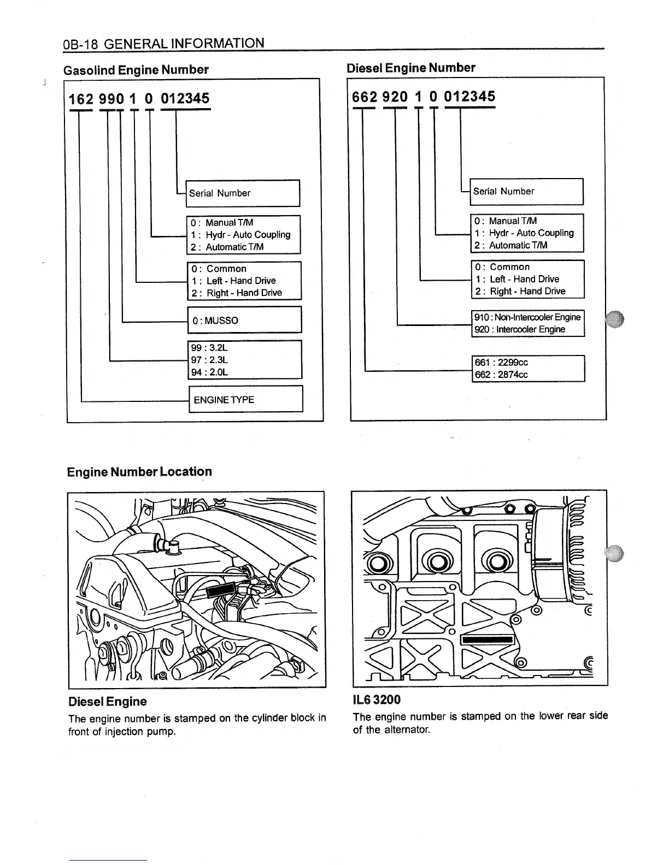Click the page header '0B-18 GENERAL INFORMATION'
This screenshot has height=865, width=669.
[x=164, y=43]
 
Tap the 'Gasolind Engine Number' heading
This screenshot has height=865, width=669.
[x=136, y=70]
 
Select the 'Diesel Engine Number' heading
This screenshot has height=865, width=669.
[x=411, y=68]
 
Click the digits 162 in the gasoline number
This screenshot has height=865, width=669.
[x=81, y=99]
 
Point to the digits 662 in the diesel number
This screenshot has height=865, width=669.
[x=364, y=97]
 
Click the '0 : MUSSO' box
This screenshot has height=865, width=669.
[x=245, y=319]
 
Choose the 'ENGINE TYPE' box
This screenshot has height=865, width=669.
[x=246, y=399]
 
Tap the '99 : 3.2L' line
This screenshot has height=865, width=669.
[x=209, y=348]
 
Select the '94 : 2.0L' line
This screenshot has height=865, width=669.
[x=209, y=372]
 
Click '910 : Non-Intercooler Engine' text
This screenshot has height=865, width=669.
[x=527, y=317]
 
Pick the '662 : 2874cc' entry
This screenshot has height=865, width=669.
[x=501, y=375]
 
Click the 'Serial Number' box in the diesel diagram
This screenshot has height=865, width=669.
[x=526, y=192]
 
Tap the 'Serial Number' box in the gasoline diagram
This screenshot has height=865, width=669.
[x=243, y=193]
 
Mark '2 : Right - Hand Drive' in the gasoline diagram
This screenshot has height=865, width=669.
[x=237, y=293]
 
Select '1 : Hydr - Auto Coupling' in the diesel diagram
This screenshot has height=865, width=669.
[x=524, y=233]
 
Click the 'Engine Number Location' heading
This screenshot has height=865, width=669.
[x=139, y=472]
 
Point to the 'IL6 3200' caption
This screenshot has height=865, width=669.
[x=377, y=700]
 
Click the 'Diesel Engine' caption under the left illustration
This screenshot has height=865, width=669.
[x=108, y=701]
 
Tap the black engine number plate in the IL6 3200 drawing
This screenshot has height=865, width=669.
[x=488, y=640]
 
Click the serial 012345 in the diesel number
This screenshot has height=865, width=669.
[x=470, y=96]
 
